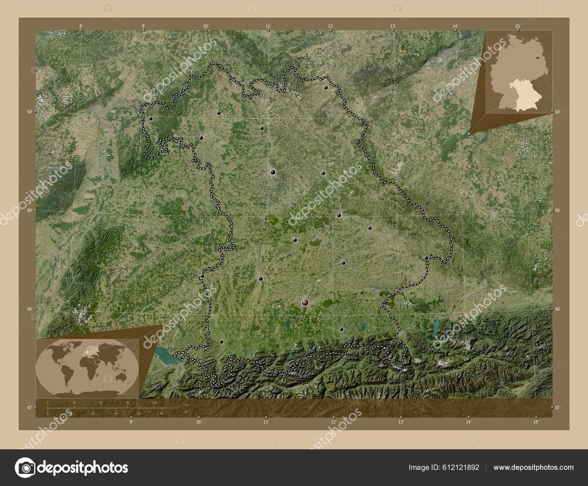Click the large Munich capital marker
tap(305, 302)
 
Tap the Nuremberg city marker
tap(273, 172)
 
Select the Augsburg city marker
tap(261, 279)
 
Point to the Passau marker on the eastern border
tap(426, 258)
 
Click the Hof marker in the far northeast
tap(326, 87)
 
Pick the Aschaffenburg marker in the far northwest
tap(150, 119)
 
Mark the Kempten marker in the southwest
tap(221, 342)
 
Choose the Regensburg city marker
tap(339, 215)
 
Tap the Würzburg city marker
tap(201, 138)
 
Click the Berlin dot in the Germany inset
tap(538, 57)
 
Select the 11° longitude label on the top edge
tap(268, 26)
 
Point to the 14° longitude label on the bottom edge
tap(468, 422)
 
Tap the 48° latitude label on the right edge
tap(557, 309)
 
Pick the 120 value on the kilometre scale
tap(154, 403)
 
